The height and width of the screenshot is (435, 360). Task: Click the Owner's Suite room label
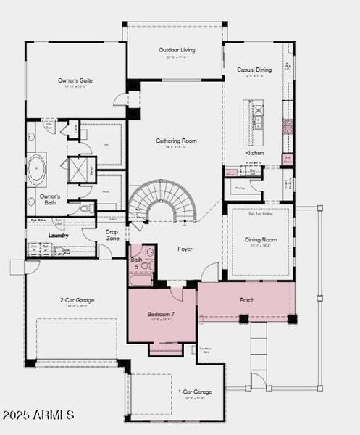coord(75,80)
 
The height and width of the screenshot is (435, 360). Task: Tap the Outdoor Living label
coord(175,50)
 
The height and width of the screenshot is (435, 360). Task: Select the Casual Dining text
coord(254,70)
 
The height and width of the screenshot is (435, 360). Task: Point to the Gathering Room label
coord(177,141)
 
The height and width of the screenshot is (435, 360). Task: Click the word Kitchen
coord(254,154)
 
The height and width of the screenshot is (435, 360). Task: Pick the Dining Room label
coord(259,239)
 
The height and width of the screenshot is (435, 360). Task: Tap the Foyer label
coord(185,249)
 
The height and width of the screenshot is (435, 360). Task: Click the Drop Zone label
coord(112,235)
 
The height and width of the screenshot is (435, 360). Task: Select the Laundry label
coord(58,236)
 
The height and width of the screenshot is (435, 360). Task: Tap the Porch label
coord(247,299)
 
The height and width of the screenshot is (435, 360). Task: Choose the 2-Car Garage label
coord(77,299)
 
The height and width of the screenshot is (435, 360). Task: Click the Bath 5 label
coord(136,263)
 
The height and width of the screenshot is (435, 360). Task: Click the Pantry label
coord(239,188)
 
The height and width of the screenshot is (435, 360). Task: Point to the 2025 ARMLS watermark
coord(38,415)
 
